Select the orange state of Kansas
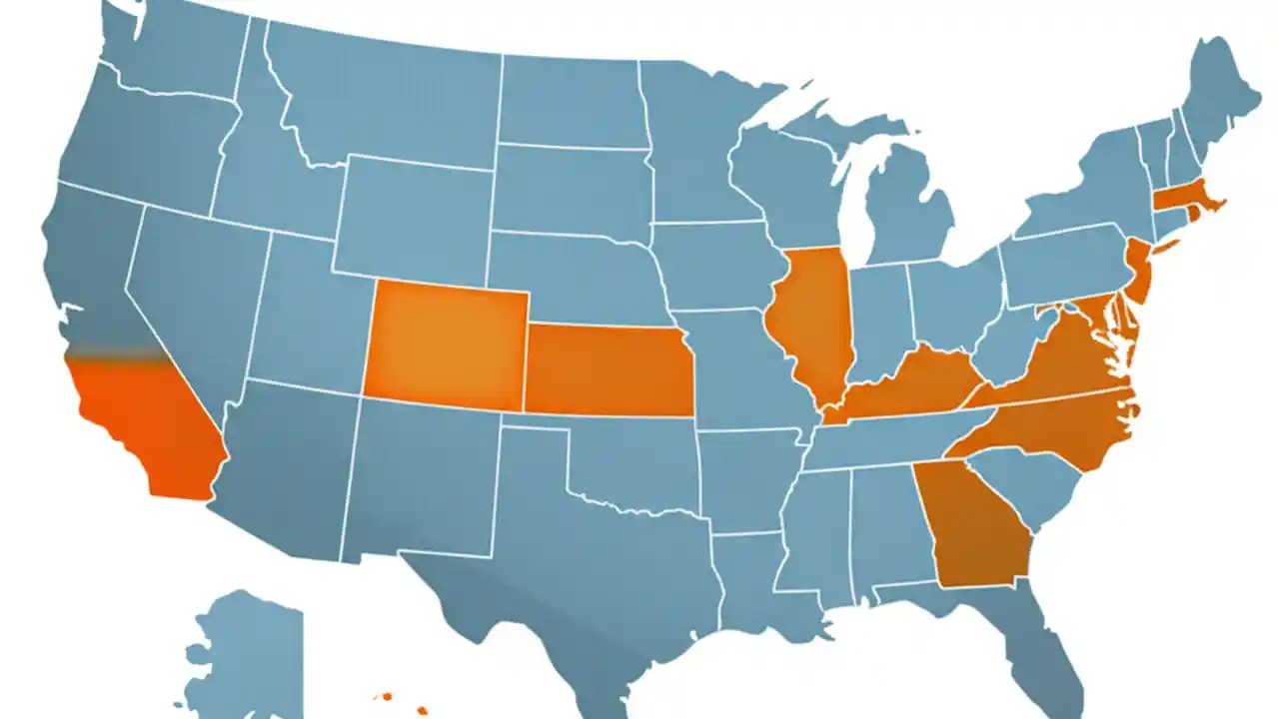pos(606,369)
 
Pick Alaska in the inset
pos(245,649)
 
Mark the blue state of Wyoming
pos(415,215)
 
